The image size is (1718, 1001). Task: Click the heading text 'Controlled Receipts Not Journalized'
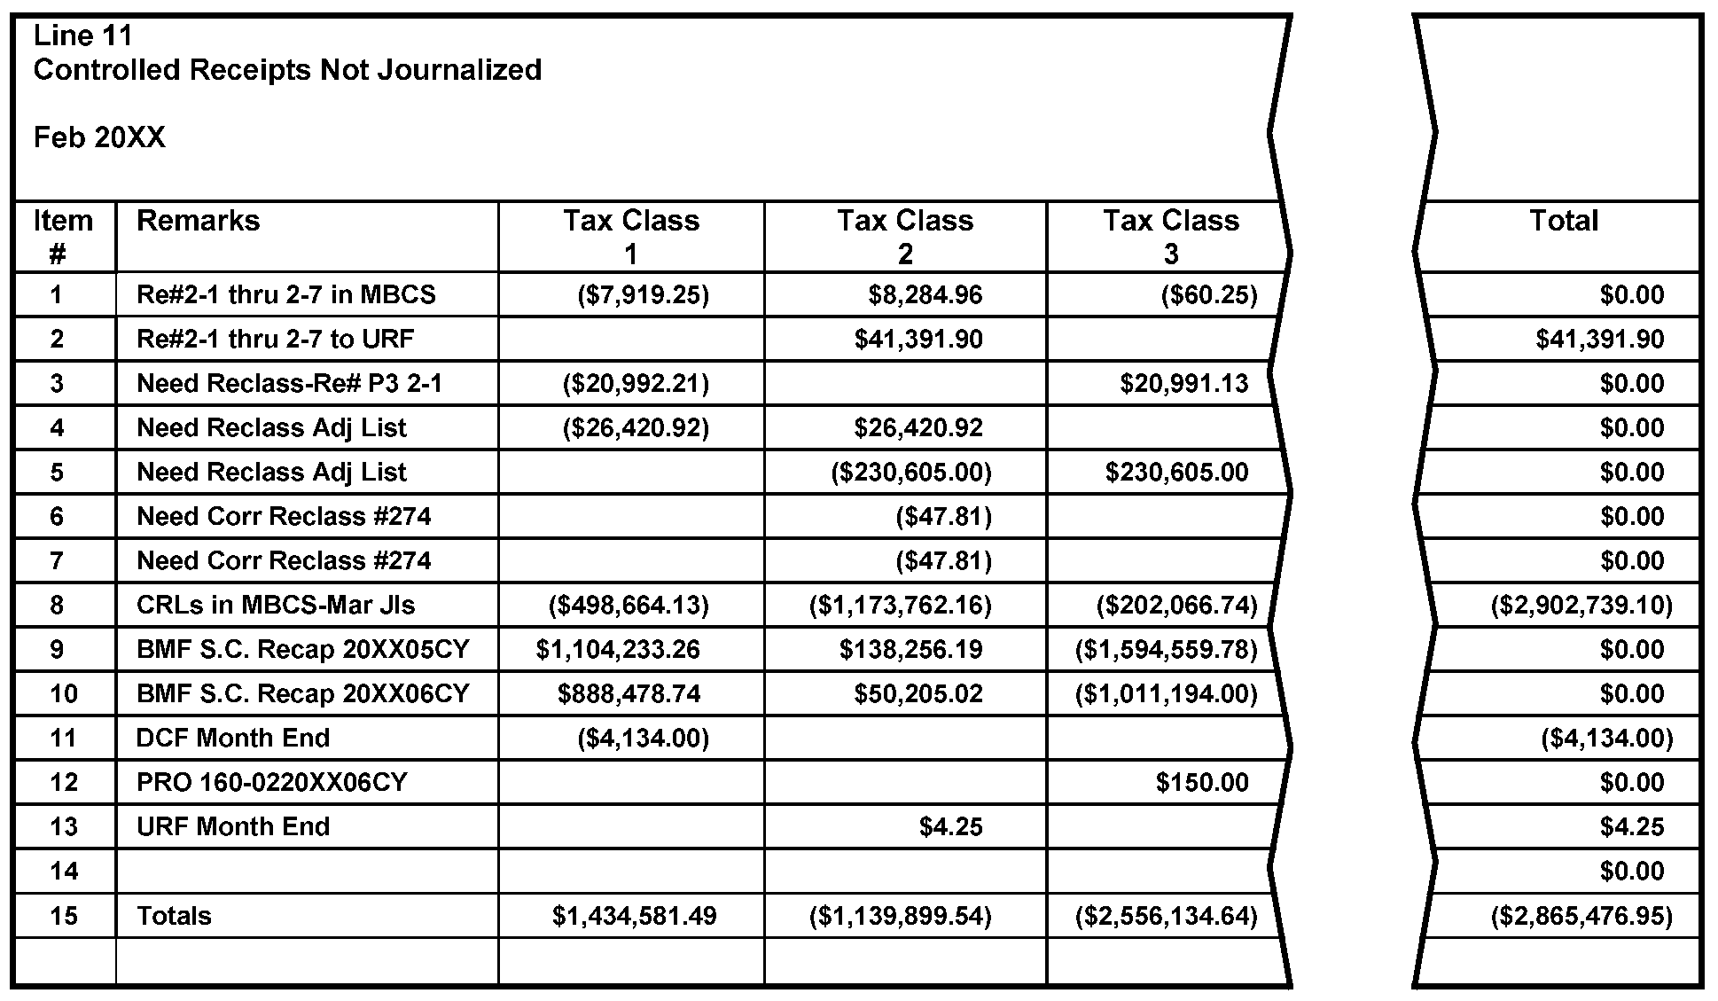coord(287,70)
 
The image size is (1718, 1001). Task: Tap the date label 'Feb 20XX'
coord(99,137)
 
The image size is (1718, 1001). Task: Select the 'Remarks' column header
coord(198,221)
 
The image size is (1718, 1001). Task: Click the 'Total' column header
coord(1563,221)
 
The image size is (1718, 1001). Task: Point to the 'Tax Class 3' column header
coord(1170,237)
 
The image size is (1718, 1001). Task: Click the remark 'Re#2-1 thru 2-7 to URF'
coord(275,339)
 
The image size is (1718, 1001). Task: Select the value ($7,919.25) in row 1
coord(643,294)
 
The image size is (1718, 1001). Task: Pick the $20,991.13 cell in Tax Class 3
coord(1183,383)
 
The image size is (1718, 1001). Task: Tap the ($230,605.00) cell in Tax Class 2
coord(910,472)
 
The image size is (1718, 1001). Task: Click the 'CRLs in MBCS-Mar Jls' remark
coord(275,605)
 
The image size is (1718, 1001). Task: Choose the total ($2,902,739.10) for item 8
coord(1581,605)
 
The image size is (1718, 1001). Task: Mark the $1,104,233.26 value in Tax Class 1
coord(617,649)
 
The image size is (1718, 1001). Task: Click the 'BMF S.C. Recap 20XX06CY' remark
coord(302,693)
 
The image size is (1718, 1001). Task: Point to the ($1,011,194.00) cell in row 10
coord(1166,693)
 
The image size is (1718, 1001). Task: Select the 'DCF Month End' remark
coord(232,738)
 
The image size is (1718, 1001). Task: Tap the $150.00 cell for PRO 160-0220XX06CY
coord(1202,782)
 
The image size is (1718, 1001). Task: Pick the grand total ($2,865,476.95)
coord(1581,915)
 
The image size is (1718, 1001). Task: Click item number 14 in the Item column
coord(64,871)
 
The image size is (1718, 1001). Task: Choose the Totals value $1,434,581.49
coord(634,915)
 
